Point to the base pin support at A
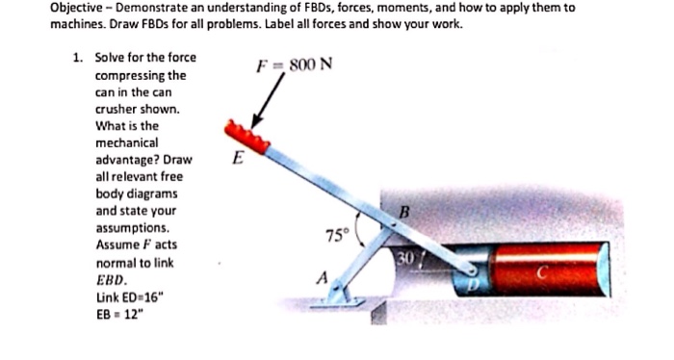click(x=341, y=298)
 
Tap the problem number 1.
click(x=76, y=58)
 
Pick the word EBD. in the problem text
click(x=111, y=279)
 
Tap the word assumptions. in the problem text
click(x=133, y=228)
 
